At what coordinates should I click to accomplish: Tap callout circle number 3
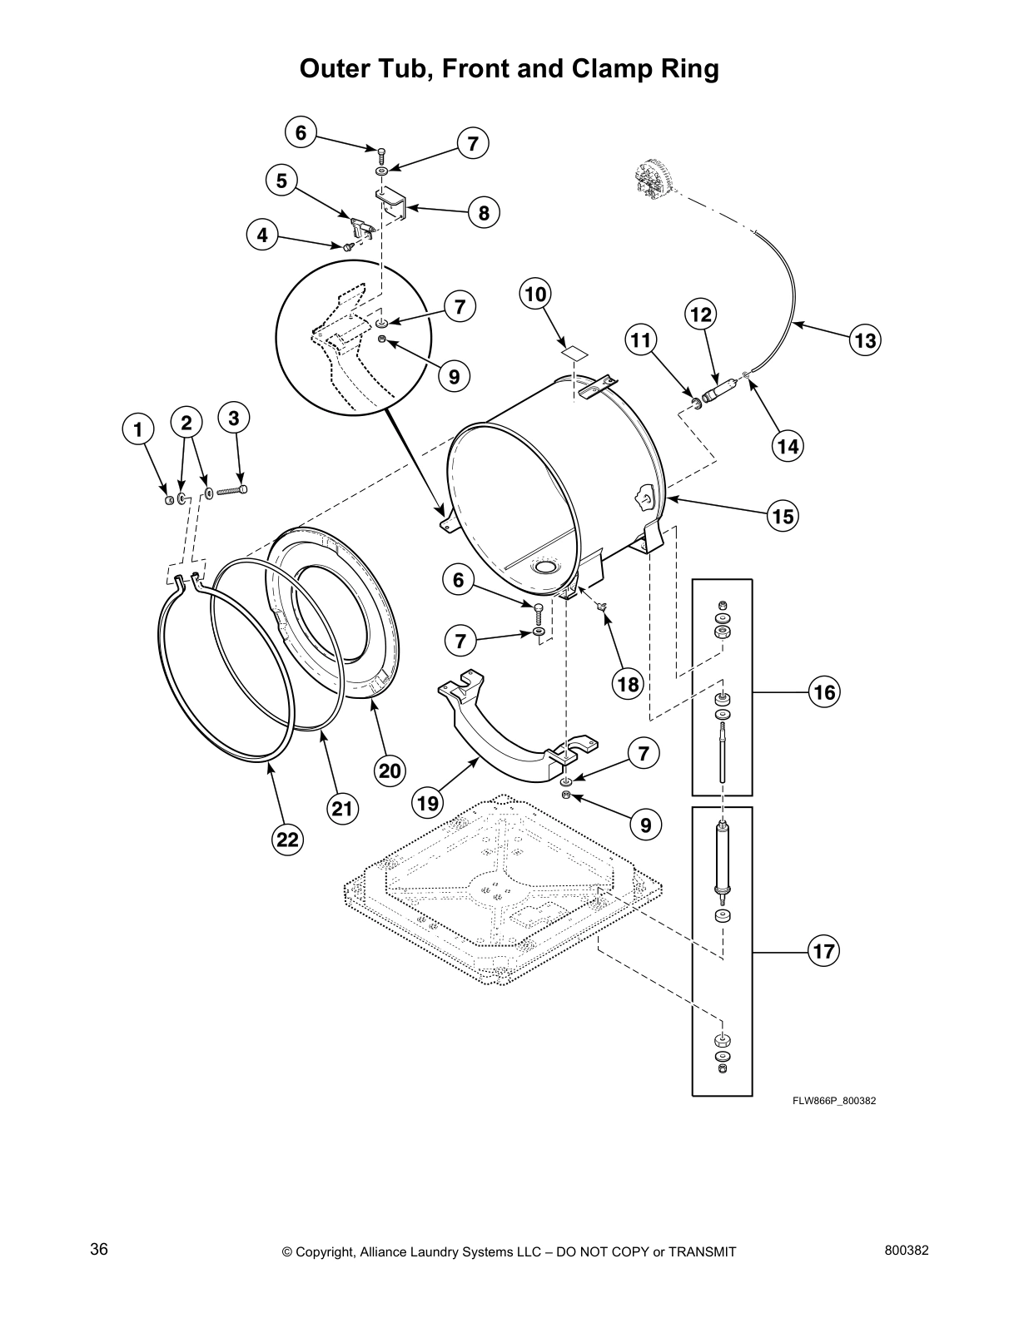[234, 419]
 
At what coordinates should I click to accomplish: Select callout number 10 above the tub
[536, 294]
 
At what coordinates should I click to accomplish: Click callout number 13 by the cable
[864, 340]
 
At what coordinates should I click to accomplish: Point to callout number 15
[783, 516]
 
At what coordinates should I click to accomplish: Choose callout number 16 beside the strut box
[823, 691]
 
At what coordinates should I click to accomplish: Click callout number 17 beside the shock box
[823, 951]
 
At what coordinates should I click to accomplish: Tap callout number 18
[629, 684]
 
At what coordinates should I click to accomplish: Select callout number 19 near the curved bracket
[428, 803]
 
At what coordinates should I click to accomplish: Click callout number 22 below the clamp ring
[287, 840]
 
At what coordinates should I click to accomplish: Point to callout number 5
[282, 180]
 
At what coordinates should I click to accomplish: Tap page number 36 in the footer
[99, 1250]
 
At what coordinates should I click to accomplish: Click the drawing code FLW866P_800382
[833, 1101]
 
